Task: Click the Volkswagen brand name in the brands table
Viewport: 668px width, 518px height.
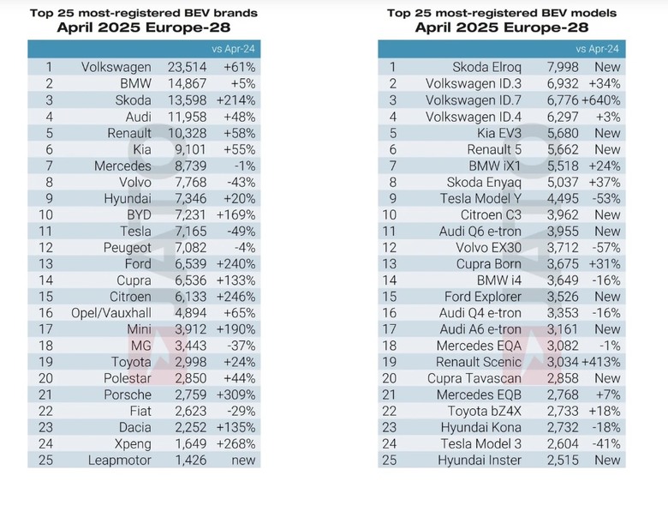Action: coord(116,68)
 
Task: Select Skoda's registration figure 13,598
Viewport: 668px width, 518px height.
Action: coord(187,100)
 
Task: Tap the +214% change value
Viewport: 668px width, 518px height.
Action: coord(236,100)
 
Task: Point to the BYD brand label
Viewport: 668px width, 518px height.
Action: coord(139,214)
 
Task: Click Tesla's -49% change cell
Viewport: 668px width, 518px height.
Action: coord(242,232)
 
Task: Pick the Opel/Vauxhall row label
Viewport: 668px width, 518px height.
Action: coord(111,313)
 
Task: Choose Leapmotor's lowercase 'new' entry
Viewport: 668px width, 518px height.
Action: coord(243,461)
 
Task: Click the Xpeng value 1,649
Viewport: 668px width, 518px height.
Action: coord(191,443)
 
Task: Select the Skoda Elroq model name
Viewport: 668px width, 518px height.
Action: coord(486,68)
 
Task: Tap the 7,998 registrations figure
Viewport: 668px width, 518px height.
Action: coord(563,68)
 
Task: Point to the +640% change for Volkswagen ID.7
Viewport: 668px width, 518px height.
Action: coord(600,100)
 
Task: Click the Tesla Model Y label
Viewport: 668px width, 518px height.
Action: coord(480,198)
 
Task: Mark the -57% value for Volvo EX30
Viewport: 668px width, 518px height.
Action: coord(606,248)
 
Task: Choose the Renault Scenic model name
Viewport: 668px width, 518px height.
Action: coord(479,362)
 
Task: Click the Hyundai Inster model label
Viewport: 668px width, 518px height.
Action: coord(480,461)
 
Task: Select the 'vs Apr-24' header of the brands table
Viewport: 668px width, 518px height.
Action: coord(233,49)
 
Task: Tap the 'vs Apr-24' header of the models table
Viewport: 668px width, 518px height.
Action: coord(597,49)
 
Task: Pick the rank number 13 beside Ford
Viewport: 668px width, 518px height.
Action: coord(46,264)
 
